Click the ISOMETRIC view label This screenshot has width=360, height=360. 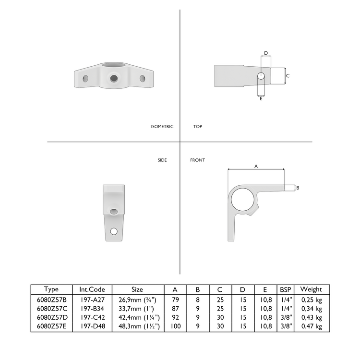point(162,127)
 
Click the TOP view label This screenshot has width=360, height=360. point(197,127)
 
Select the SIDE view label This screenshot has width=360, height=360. point(162,160)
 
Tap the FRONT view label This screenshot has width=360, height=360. point(197,160)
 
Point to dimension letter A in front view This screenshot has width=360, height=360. point(256,166)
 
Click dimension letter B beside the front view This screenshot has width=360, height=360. point(298,188)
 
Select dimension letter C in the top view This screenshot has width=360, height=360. point(288,76)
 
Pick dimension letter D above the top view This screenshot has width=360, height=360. point(265,53)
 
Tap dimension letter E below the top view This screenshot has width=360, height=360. point(261,98)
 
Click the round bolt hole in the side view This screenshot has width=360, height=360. point(114,231)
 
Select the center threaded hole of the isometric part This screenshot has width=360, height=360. point(114,78)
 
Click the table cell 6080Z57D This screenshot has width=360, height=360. point(51,317)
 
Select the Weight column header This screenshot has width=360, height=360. point(312,289)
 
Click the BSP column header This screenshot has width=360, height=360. point(285,289)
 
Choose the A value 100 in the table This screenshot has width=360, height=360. point(175,326)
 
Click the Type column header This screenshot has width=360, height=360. point(51,289)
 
